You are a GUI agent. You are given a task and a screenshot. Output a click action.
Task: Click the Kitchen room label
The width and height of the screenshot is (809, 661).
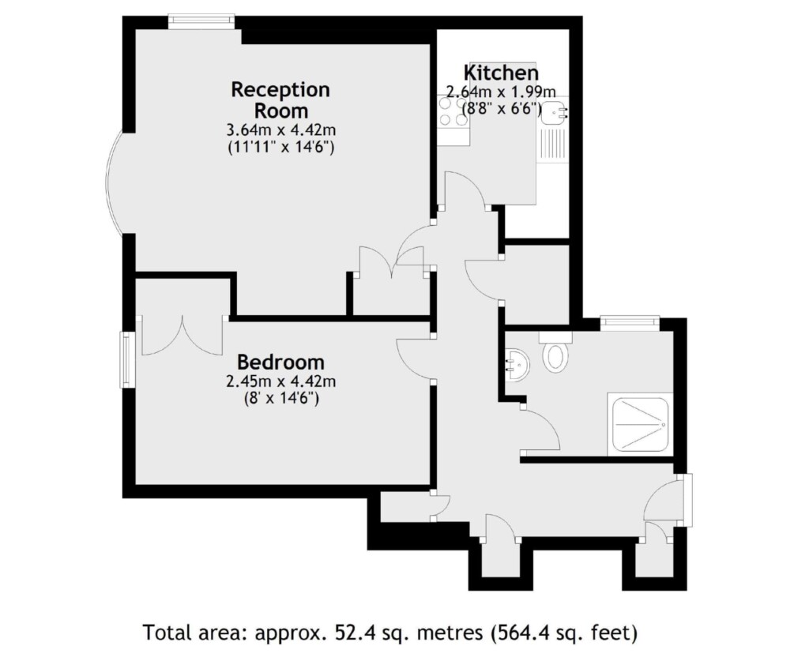pyautogui.click(x=501, y=73)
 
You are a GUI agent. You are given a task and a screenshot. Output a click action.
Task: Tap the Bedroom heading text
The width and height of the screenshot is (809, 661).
pyautogui.click(x=280, y=362)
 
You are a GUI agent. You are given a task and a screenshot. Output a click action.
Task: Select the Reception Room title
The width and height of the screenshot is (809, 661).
pyautogui.click(x=280, y=100)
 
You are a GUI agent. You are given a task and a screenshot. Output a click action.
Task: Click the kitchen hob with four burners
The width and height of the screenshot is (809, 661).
pyautogui.click(x=453, y=112)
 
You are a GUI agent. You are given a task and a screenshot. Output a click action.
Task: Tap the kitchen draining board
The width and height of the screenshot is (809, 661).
pyautogui.click(x=552, y=145)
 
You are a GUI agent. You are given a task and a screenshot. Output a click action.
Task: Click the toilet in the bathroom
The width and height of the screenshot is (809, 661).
pyautogui.click(x=555, y=352)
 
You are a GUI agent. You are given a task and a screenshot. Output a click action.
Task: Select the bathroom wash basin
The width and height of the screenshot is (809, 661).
pyautogui.click(x=517, y=364)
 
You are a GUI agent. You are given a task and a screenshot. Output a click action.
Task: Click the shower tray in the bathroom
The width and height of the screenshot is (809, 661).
pyautogui.click(x=640, y=424)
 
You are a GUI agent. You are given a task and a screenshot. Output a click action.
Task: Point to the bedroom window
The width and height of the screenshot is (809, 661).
pyautogui.click(x=126, y=359)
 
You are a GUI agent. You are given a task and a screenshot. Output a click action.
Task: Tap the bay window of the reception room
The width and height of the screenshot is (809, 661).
pyautogui.click(x=114, y=183)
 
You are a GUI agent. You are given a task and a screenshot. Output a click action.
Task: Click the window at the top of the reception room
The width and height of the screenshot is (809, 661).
pyautogui.click(x=201, y=21)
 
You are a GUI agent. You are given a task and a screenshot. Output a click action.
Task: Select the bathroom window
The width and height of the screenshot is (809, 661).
pyautogui.click(x=630, y=323)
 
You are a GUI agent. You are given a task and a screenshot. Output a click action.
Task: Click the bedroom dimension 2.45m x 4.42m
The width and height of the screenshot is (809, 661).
pyautogui.click(x=280, y=381)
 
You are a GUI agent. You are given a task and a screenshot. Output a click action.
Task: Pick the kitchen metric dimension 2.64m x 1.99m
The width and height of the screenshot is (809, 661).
pyautogui.click(x=501, y=92)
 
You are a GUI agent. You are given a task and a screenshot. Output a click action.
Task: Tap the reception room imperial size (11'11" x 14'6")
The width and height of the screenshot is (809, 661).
pyautogui.click(x=281, y=148)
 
